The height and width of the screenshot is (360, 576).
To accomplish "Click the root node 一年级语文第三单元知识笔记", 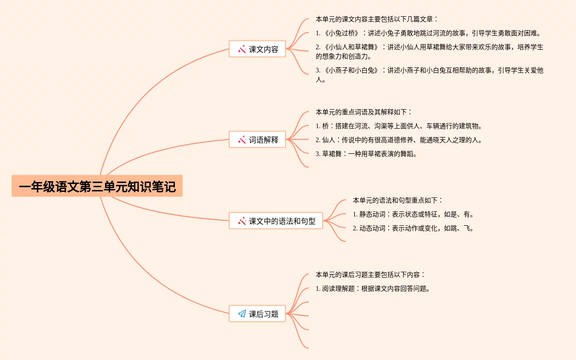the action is click(x=97, y=186).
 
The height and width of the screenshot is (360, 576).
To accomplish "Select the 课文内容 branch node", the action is click(x=257, y=49).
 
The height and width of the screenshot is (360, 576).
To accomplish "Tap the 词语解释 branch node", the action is click(x=257, y=139).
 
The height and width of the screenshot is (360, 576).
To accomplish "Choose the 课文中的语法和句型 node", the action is click(x=276, y=221).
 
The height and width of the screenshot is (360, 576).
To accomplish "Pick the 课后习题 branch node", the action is click(x=257, y=314).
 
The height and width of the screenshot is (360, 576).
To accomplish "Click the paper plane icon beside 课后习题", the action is click(x=242, y=314).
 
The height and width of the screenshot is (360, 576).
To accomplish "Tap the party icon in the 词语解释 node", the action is click(x=242, y=139).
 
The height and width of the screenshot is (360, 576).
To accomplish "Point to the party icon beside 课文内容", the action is click(x=242, y=49).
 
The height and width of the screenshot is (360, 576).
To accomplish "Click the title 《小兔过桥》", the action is click(x=342, y=33).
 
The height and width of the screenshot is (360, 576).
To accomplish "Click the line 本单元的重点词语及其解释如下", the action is click(x=364, y=112).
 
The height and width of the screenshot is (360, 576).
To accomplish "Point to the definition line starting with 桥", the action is click(x=398, y=126).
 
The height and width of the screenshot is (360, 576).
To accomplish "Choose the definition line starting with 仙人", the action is click(x=398, y=140).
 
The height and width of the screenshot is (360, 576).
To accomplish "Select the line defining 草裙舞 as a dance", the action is click(x=366, y=154).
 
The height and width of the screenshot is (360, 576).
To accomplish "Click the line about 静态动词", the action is click(x=413, y=214).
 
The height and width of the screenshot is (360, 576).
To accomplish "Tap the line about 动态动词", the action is click(x=413, y=228).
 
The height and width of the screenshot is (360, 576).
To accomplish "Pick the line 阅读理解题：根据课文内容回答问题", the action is click(x=372, y=288).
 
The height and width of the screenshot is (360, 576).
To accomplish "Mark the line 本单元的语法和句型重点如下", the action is click(x=398, y=200).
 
